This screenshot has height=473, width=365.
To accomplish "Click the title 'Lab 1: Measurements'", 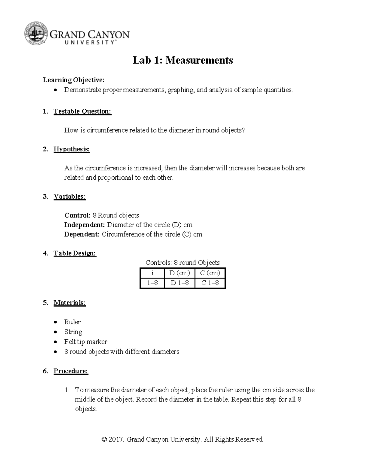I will point(183,60).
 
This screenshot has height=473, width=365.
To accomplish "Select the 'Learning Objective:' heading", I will point(73,80).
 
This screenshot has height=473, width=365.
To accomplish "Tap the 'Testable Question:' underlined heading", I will point(82,111).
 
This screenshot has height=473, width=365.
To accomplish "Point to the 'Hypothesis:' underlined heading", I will point(72,149).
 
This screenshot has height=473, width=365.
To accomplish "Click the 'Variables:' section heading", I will point(70,196).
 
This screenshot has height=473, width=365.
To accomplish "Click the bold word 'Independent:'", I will point(84,225).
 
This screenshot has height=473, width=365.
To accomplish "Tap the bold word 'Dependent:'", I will point(82,234).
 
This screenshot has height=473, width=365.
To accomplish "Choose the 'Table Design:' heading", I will point(75,253).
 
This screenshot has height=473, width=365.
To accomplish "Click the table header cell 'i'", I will point(152,273).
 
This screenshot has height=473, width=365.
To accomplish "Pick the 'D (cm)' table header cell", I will point(179,273).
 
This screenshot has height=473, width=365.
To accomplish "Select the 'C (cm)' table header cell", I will point(210,273).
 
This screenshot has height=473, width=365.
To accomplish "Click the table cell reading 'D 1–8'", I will point(179,283).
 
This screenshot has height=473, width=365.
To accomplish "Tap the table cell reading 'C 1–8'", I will point(210,283).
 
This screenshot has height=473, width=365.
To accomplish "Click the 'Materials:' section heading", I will point(70,303).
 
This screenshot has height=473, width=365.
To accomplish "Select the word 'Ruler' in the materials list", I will point(72,322).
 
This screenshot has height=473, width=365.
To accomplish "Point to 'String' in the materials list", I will point(73,332).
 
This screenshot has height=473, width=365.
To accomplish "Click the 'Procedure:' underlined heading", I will point(71,371).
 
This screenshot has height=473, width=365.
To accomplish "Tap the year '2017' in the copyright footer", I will point(116,439).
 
